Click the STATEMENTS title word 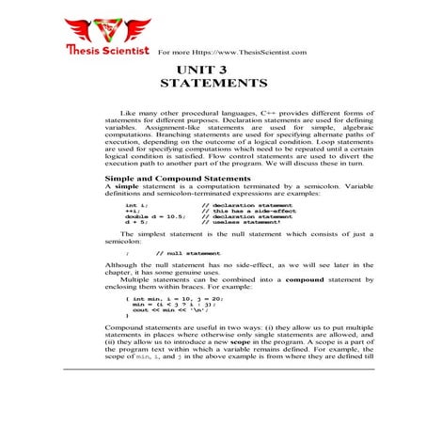coord(213,84)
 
